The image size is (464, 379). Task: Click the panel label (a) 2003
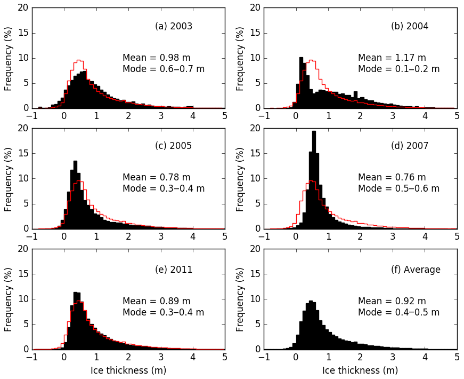pyautogui.click(x=174, y=26)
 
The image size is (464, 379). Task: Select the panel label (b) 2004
pyautogui.click(x=410, y=26)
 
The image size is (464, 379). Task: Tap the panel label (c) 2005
pyautogui.click(x=174, y=146)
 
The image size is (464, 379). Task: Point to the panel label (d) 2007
pyautogui.click(x=410, y=146)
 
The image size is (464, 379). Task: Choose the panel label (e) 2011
pyautogui.click(x=174, y=270)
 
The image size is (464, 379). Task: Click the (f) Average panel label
pyautogui.click(x=416, y=270)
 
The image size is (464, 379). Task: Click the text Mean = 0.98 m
pyautogui.click(x=156, y=58)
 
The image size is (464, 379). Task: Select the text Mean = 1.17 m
pyautogui.click(x=392, y=58)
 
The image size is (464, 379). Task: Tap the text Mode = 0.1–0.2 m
pyautogui.click(x=398, y=69)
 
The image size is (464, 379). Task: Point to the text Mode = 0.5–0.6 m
pyautogui.click(x=398, y=188)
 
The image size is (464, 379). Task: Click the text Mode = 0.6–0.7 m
pyautogui.click(x=163, y=69)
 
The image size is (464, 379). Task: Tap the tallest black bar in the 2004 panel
pyautogui.click(x=301, y=85)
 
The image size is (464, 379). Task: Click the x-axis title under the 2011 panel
pyautogui.click(x=128, y=370)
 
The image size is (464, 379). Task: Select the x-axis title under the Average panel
pyautogui.click(x=360, y=370)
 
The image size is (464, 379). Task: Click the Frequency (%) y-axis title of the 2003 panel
pyautogui.click(x=9, y=58)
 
